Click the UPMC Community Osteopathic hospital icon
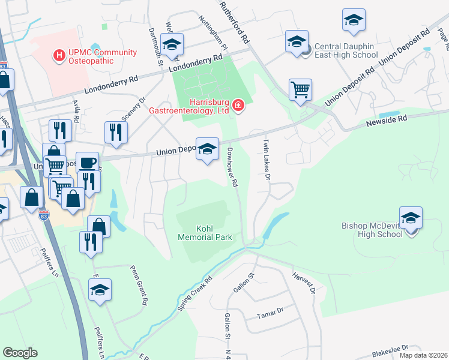tap(59, 56)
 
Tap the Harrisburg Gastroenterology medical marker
tap(238, 106)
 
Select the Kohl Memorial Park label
tap(205, 233)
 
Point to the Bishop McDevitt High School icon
tap(411, 219)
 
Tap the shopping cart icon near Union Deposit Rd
tap(300, 90)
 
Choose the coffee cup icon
tap(88, 163)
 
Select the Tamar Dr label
tap(270, 313)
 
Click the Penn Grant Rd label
tap(139, 287)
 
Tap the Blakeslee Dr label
tap(390, 349)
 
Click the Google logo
tap(20, 353)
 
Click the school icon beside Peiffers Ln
tap(100, 290)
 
